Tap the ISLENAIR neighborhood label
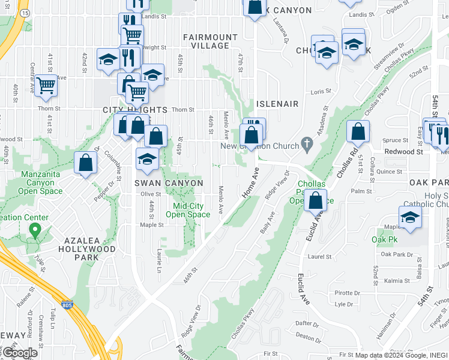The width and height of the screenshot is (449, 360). pos(277,104)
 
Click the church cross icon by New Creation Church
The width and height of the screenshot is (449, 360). pos(307,144)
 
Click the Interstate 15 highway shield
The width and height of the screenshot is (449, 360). pos(24,12)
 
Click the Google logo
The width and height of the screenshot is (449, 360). pos(20,352)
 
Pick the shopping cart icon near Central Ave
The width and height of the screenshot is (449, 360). pos(46,85)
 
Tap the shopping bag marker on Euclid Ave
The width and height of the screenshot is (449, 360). pos(315,199)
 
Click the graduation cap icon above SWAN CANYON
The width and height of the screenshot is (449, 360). pos(147,159)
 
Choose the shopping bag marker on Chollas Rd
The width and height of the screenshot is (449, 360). pos(358,131)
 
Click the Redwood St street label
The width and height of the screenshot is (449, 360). pos(404,152)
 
